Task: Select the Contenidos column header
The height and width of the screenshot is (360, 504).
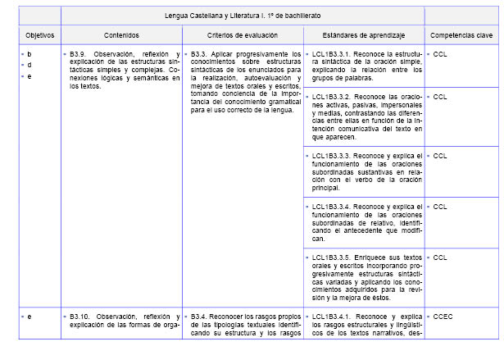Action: (x=121, y=36)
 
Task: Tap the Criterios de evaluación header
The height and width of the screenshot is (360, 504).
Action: (x=243, y=36)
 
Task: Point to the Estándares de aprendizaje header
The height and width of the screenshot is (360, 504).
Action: (x=363, y=36)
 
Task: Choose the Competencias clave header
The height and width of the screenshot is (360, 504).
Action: (x=461, y=36)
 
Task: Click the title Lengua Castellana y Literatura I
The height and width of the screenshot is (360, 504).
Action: (x=243, y=16)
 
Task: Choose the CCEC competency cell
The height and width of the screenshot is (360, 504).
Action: (x=443, y=316)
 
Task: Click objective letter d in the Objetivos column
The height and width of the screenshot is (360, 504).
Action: (x=30, y=65)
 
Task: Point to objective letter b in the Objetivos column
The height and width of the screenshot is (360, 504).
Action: (x=30, y=54)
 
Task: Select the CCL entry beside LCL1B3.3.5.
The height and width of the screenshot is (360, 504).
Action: (x=440, y=257)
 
